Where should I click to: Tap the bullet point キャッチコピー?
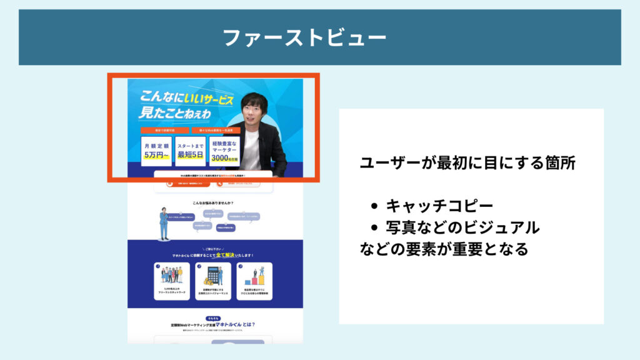[431, 206]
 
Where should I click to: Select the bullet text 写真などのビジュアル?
[462, 227]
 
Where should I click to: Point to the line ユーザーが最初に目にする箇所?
[467, 163]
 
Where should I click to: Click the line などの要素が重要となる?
[444, 249]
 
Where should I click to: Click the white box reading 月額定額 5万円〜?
[156, 151]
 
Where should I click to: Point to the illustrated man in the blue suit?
[163, 223]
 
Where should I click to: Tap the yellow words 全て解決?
[225, 255]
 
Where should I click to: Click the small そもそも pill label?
[213, 318]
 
